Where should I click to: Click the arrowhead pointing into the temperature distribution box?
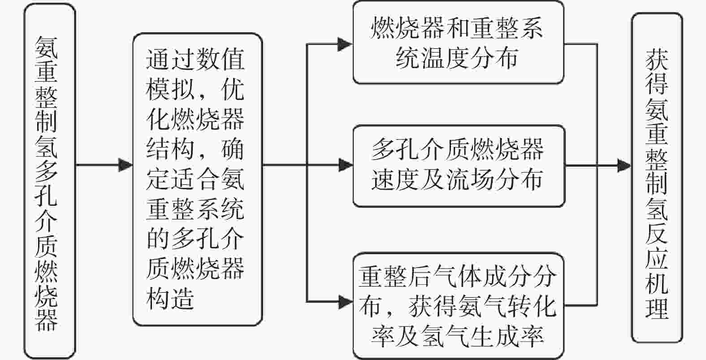(x=345, y=44)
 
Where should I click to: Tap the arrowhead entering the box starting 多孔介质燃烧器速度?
(x=346, y=165)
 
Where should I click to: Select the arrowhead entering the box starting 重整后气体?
(x=346, y=302)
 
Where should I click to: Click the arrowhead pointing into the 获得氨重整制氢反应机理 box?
(x=624, y=165)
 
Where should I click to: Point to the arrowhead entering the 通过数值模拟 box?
(x=126, y=165)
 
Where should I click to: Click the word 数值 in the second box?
(x=220, y=59)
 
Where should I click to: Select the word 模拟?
(x=170, y=89)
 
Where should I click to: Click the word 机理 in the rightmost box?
(x=657, y=295)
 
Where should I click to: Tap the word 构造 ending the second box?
(x=170, y=299)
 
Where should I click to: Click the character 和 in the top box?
(x=456, y=28)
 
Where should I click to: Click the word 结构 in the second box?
(x=170, y=149)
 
